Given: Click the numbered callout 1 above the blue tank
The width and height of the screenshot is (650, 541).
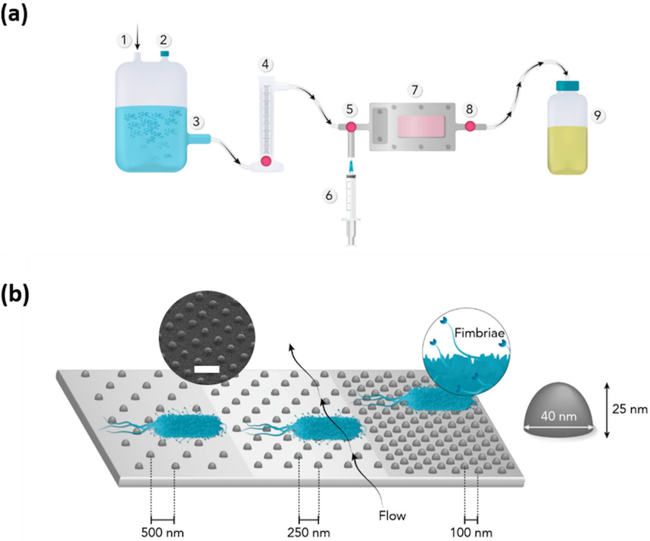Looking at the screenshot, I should tap(124, 40).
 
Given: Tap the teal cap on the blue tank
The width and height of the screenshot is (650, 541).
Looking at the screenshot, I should tap(165, 54).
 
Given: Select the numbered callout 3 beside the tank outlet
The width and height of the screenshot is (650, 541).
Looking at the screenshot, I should tap(196, 122).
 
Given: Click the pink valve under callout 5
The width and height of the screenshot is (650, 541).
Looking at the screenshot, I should tap(351, 127).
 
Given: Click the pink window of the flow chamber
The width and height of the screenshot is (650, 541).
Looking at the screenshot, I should tap(421, 127).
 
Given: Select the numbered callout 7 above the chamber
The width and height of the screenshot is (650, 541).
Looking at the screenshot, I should tap(415, 90).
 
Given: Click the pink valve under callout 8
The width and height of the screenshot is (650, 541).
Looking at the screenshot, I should tap(470, 126).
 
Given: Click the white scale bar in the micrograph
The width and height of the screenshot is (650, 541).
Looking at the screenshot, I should tap(207, 369).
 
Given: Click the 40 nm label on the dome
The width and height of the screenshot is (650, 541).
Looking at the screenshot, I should tap(559, 416).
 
